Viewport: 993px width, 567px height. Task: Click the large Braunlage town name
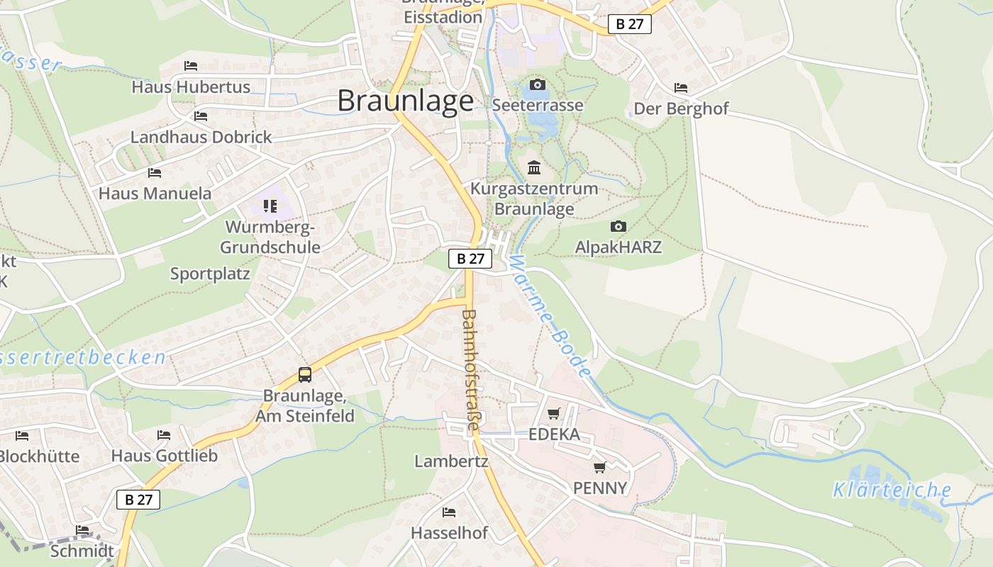tap(405, 101)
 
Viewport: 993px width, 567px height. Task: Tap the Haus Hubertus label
tap(191, 87)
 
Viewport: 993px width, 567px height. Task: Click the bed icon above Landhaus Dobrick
tap(201, 116)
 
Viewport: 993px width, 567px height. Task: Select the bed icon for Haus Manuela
tap(155, 172)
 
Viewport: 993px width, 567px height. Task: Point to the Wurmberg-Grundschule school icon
tap(270, 206)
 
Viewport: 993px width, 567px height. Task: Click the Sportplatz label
tap(210, 274)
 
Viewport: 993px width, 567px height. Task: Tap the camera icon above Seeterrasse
tap(538, 85)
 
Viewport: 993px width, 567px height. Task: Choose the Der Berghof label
tap(681, 109)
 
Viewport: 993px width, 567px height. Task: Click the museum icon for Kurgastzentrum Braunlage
tap(534, 168)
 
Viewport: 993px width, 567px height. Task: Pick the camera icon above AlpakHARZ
tap(618, 227)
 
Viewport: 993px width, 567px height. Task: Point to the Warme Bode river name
tap(550, 316)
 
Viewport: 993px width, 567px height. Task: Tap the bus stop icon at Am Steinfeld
tap(305, 375)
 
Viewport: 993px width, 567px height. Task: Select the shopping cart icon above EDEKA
tap(554, 413)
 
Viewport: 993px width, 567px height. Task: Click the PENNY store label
tap(600, 488)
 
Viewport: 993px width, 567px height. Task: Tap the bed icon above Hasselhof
tap(449, 512)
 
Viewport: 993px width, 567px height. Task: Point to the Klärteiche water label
tap(892, 490)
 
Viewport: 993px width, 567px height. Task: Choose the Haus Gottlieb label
tap(164, 456)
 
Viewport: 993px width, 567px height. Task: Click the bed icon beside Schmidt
tap(82, 529)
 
